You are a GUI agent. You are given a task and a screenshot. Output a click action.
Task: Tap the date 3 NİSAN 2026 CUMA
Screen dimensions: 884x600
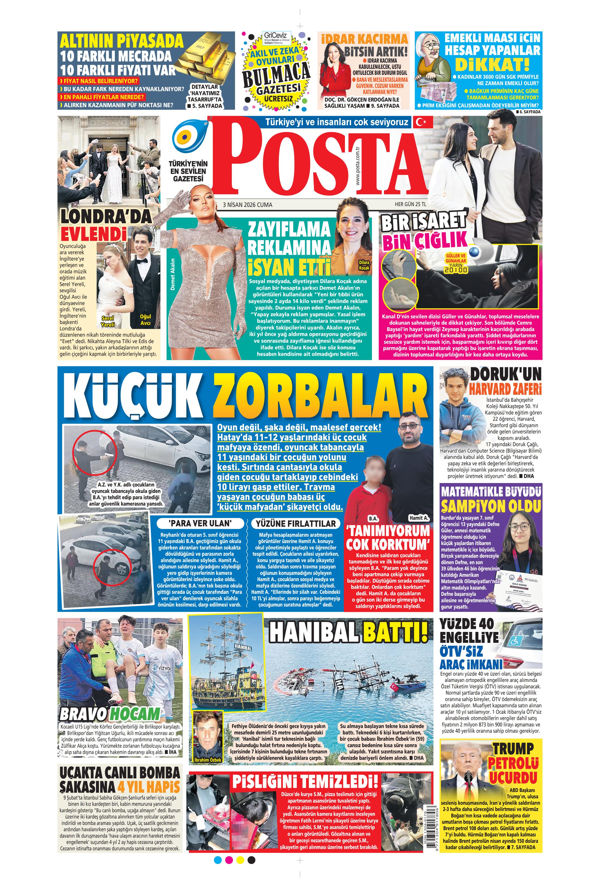click(247, 205)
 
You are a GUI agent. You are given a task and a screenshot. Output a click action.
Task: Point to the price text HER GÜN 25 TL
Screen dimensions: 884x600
click(410, 204)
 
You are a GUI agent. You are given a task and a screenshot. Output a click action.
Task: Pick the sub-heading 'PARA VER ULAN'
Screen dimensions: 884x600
click(200, 523)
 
